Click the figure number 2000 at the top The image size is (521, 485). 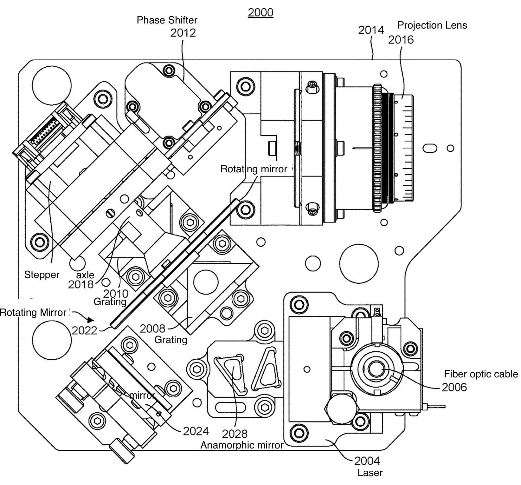(260, 12)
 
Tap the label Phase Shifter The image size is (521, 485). (167, 20)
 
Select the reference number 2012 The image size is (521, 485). (183, 33)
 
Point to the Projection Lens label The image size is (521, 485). (432, 25)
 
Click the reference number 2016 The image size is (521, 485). (401, 40)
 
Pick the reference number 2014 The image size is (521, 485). (371, 30)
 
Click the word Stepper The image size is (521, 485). (42, 275)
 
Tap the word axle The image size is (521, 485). (85, 275)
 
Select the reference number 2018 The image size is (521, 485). (81, 284)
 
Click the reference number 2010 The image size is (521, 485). (116, 293)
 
